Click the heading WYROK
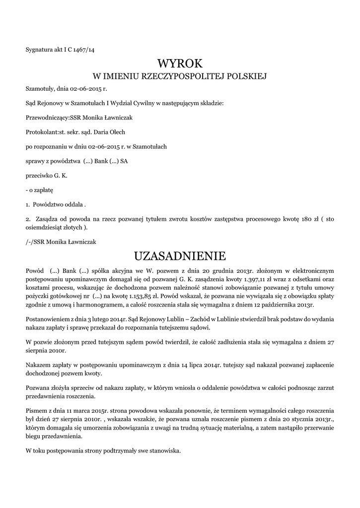tap(180, 63)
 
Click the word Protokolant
tap(42, 132)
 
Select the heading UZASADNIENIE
tap(180, 256)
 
